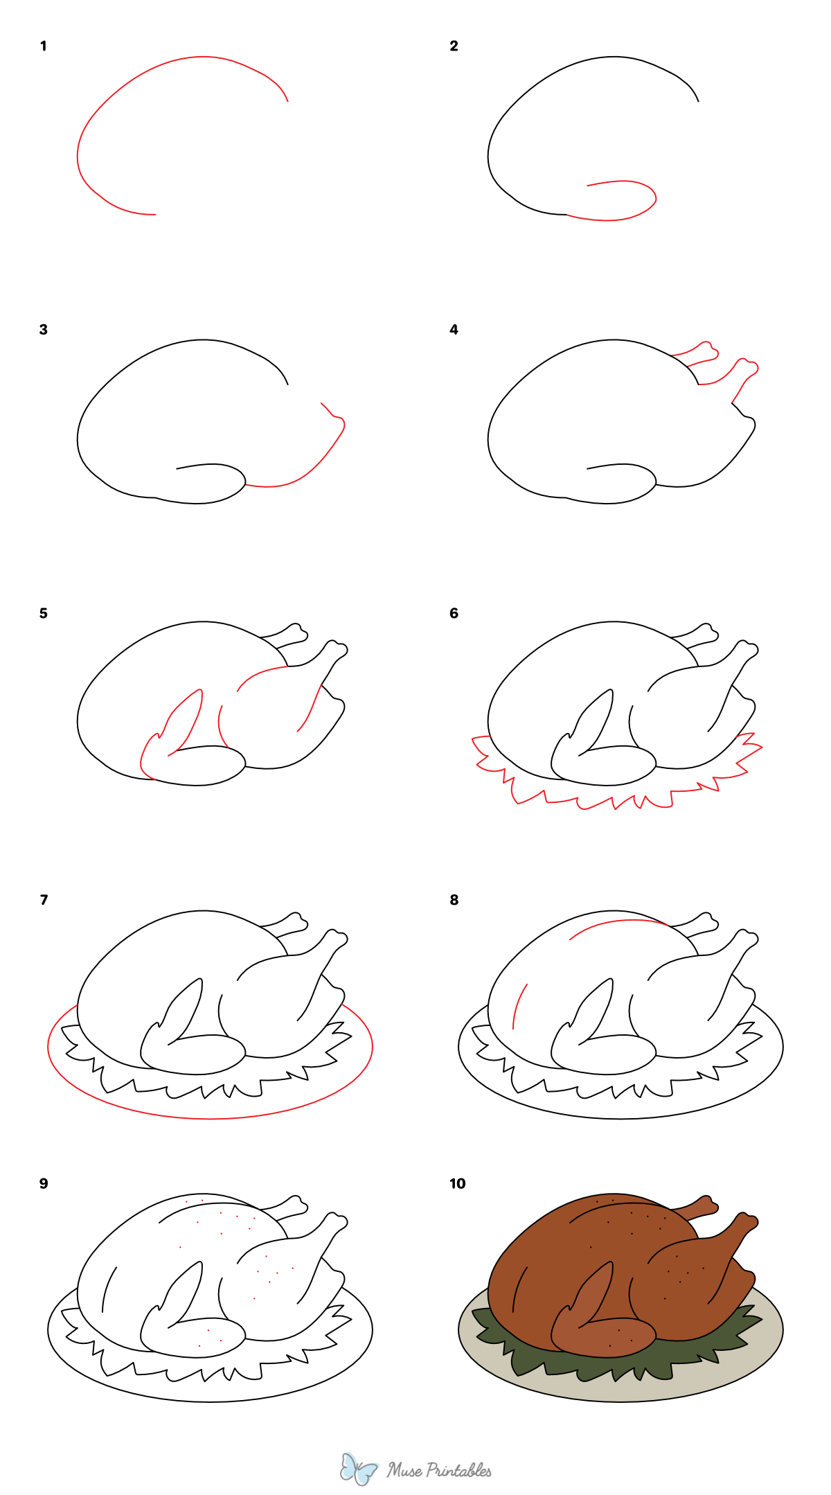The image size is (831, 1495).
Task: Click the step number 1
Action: pos(44,46)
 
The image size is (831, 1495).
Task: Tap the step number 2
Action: pos(454,46)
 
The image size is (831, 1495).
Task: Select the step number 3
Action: pos(44,330)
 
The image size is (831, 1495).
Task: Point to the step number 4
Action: pos(454,330)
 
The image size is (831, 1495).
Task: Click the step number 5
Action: pos(44,613)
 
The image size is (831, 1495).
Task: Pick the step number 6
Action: pos(454,613)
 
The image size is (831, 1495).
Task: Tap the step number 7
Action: pos(44,900)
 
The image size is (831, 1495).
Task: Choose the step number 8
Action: pos(454,900)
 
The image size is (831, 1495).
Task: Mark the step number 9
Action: pos(44,1183)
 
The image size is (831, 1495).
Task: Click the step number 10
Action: pos(457,1183)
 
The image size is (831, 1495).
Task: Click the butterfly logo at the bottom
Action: pos(358,1468)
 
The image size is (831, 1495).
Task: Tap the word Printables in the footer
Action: pos(458,1469)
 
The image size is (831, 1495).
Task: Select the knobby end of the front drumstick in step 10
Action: pos(747,1220)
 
